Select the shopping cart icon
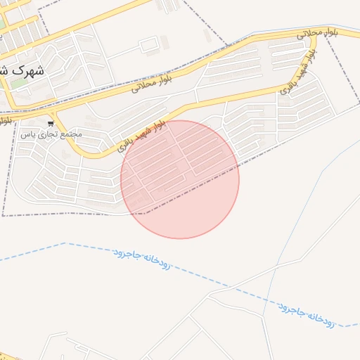click(x=51, y=124)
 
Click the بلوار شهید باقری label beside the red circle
click(x=138, y=136)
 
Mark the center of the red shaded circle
click(x=180, y=179)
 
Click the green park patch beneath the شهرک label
click(x=19, y=84)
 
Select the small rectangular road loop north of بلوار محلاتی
click(x=148, y=46)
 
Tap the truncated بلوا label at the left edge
click(x=6, y=120)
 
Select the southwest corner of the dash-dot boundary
click(x=4, y=215)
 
